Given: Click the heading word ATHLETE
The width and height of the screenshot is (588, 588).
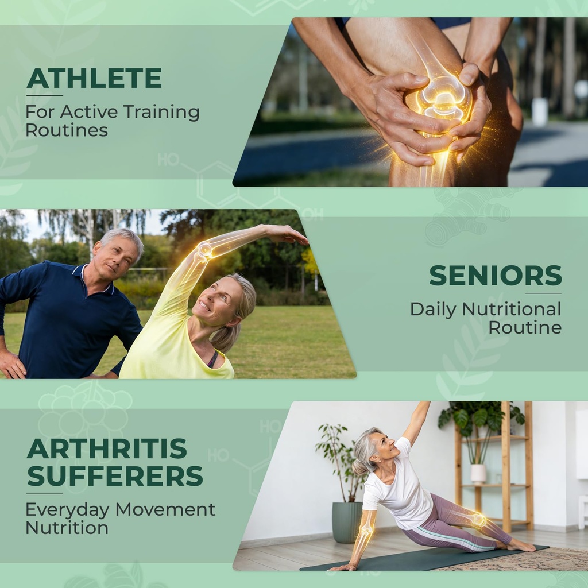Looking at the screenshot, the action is [94, 78].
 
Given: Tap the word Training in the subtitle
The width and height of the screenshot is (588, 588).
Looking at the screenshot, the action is [161, 113].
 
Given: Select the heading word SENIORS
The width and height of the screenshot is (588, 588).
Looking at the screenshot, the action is [496, 276].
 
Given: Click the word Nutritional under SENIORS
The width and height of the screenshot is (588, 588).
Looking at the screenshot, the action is [512, 310].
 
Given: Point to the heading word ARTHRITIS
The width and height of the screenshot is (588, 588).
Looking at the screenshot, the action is [107, 448].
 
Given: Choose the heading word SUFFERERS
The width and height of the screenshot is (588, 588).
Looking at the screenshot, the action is [115, 476].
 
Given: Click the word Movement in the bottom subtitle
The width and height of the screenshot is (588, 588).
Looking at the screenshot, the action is [165, 510].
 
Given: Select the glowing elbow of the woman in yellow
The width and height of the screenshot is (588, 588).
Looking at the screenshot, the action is [205, 250].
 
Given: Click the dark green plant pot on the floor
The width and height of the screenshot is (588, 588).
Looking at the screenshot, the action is [347, 522].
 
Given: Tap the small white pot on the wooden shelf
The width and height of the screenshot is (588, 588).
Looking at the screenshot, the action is [478, 474].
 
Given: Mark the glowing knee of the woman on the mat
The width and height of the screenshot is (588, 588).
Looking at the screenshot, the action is [478, 520].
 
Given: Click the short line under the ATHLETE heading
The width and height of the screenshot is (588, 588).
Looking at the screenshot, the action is [44, 96].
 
